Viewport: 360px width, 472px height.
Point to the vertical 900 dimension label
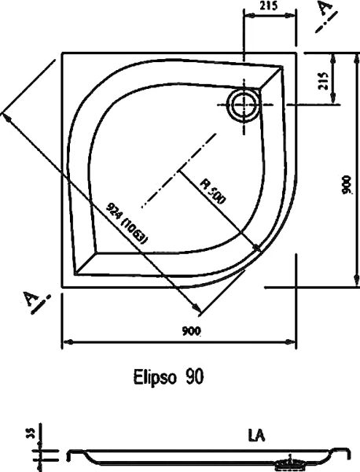(x=346, y=185)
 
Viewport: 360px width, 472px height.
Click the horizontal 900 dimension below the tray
(x=189, y=331)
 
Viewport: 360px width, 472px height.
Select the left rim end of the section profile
(x=69, y=454)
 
